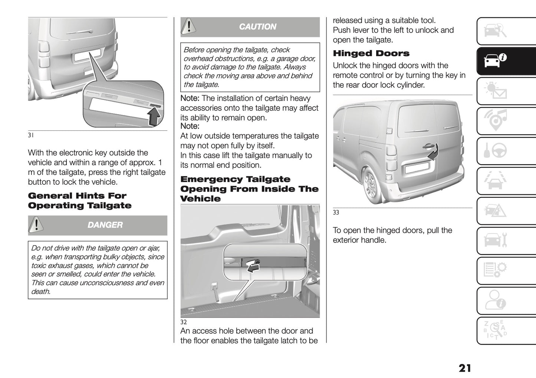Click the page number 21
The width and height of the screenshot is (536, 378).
(464, 368)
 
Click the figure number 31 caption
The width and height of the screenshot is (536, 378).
(31, 136)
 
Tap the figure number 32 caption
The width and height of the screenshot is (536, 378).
(184, 322)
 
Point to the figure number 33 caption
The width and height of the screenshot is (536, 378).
(336, 213)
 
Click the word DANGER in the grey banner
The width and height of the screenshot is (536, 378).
(105, 225)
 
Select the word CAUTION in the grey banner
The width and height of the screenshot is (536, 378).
(257, 27)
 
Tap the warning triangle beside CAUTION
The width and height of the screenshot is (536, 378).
(189, 26)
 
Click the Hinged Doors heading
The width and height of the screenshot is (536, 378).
(371, 53)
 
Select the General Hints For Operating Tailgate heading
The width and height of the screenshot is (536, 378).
(79, 201)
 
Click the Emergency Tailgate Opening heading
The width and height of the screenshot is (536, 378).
(249, 189)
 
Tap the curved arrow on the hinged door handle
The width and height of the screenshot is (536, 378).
(433, 152)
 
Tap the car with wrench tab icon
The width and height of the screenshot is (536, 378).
(496, 241)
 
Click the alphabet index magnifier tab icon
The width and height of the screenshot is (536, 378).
(496, 330)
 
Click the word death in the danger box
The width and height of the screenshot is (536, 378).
(41, 292)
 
